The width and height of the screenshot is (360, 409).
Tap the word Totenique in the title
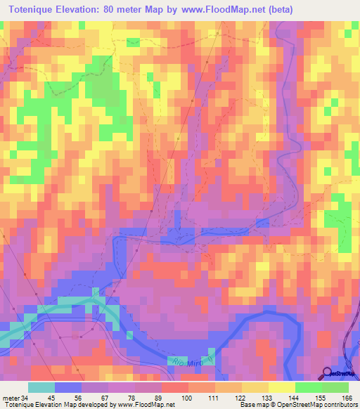pos(34,10)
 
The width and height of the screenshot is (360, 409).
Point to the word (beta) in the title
pos(277,10)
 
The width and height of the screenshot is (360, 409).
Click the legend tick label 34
pos(27,398)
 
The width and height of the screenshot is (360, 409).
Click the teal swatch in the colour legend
pos(41,387)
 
